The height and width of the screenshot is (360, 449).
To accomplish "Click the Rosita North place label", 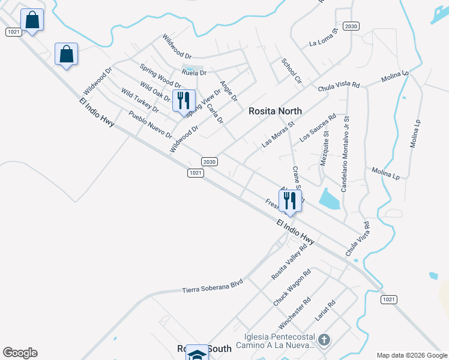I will click(276, 111).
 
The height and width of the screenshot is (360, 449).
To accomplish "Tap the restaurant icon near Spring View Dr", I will click(184, 100).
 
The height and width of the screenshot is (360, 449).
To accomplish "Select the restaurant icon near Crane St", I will click(290, 200).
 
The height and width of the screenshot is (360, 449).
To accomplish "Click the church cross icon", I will click(324, 341).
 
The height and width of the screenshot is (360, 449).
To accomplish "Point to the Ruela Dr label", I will click(194, 73).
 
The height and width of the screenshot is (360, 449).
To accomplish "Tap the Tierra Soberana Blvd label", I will click(212, 286).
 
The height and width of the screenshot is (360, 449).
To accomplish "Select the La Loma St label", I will click(324, 40).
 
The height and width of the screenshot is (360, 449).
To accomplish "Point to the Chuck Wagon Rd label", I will click(292, 288).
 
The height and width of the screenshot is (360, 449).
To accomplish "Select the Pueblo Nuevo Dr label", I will click(150, 124).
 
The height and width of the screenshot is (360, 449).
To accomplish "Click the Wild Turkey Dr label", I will click(139, 101).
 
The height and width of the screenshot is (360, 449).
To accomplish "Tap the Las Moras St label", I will click(278, 136).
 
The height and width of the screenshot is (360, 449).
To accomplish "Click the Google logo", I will click(20, 353).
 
